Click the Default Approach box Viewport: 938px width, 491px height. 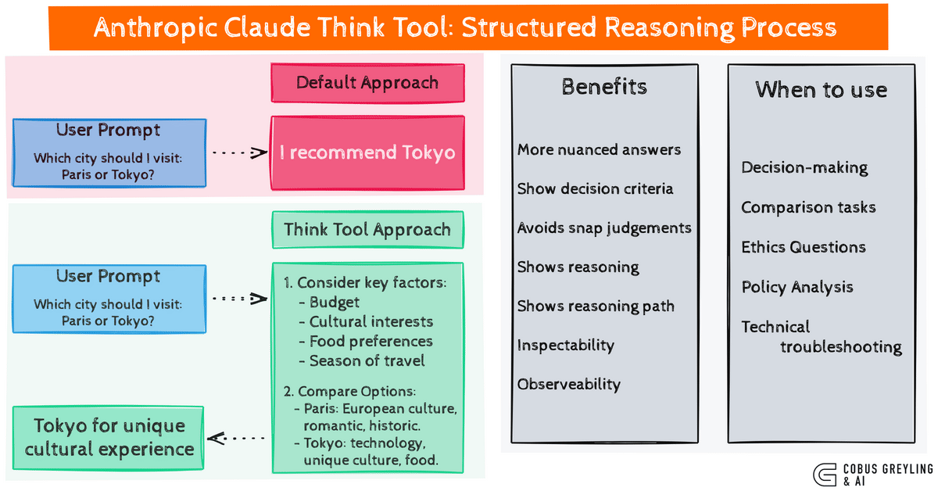click(367, 83)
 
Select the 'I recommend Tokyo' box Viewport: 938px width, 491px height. click(367, 152)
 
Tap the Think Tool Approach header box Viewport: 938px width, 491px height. click(367, 230)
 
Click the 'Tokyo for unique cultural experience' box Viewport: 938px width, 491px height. click(109, 438)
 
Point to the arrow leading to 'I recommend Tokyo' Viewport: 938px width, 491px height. click(239, 152)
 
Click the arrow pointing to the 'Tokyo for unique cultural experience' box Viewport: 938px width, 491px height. click(239, 438)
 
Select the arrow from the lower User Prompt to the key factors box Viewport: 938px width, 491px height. click(239, 298)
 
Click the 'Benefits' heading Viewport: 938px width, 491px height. click(604, 87)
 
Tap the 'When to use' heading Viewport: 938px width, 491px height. click(821, 90)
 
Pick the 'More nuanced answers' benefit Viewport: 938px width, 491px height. click(599, 149)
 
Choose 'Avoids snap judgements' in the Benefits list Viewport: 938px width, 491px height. click(604, 228)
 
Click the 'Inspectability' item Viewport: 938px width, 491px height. click(565, 345)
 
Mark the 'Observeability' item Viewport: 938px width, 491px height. click(568, 384)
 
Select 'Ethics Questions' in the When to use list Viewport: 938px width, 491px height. click(804, 247)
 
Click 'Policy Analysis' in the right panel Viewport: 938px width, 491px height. click(797, 287)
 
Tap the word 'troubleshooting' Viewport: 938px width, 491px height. click(841, 346)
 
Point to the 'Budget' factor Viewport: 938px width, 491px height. click(335, 302)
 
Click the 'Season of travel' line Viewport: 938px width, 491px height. click(367, 360)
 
